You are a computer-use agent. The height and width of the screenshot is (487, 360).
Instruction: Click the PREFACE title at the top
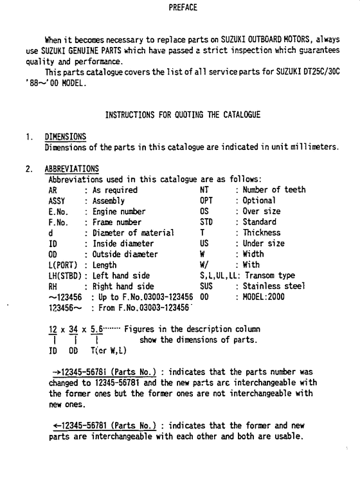[180, 8]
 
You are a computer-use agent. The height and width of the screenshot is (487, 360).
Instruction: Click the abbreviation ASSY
[58, 200]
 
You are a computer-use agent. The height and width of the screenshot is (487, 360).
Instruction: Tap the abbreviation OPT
[207, 200]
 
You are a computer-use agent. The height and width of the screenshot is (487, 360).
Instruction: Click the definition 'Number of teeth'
[274, 190]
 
